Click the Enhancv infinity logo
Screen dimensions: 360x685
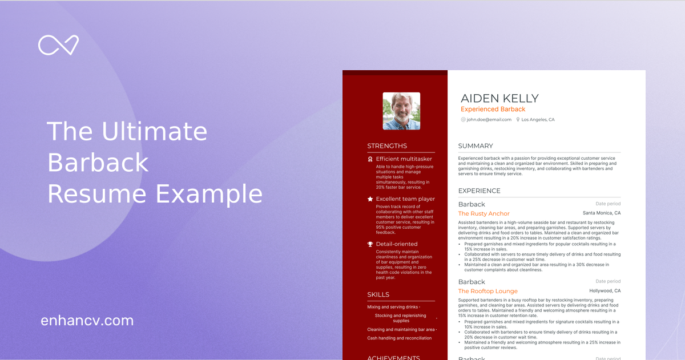pos(58,45)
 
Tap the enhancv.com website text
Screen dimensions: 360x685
pos(87,321)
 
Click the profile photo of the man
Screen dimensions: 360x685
pos(401,111)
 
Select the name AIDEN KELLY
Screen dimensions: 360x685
pos(499,98)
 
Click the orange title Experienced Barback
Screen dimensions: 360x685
pos(493,110)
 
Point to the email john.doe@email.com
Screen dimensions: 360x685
pos(489,120)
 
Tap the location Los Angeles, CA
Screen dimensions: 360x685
pos(538,120)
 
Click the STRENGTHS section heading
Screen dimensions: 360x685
pos(387,146)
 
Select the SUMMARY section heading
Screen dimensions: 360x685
pos(476,146)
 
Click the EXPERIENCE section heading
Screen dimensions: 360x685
pos(479,191)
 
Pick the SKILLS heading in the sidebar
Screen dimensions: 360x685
pos(378,295)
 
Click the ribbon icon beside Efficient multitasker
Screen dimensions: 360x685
pos(370,159)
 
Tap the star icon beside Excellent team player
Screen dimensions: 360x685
pos(370,199)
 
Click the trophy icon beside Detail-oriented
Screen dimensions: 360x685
pos(370,244)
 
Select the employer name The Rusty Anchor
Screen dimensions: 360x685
pos(484,214)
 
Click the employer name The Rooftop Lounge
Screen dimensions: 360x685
pos(488,292)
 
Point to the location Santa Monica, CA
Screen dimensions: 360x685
pos(601,213)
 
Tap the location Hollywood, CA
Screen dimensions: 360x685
pos(605,291)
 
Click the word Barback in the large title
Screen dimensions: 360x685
pos(98,163)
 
